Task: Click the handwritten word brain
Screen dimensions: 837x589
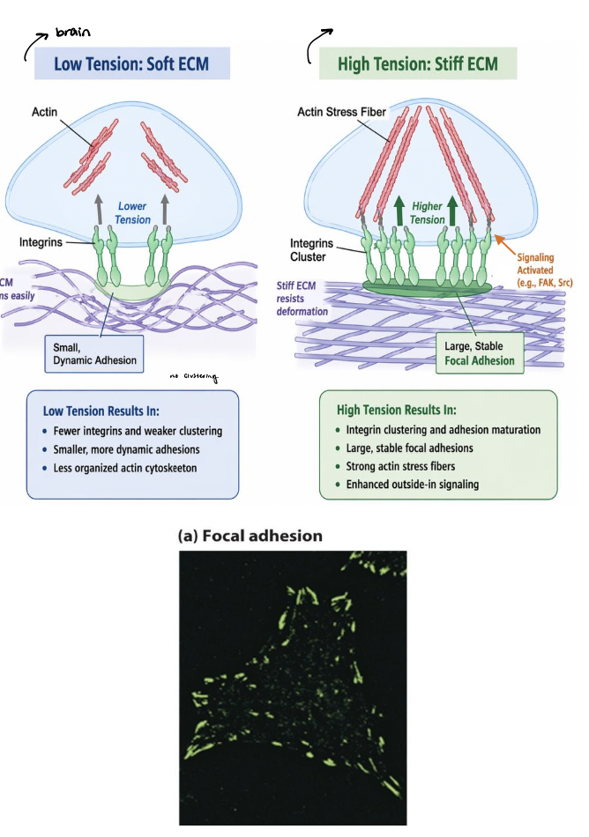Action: point(73,33)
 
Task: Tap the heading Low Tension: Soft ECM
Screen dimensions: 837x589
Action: point(131,64)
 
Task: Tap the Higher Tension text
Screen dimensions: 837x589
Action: point(428,212)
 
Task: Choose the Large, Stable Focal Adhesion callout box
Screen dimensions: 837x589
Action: point(480,352)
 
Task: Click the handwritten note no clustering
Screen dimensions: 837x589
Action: point(193,380)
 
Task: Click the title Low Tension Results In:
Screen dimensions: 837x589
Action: point(107,411)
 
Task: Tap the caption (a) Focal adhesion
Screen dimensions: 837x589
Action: point(250,536)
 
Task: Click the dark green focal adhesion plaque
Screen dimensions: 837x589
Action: point(427,286)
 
